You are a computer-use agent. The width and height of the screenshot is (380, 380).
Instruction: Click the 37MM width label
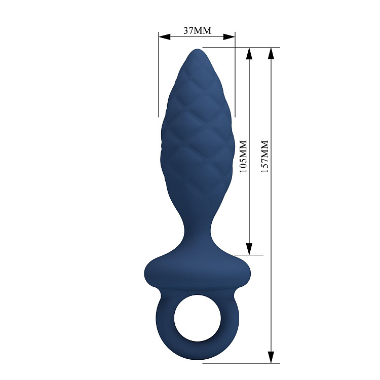tap(197, 30)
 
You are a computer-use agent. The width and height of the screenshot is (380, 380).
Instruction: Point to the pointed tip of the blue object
tap(197, 51)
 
